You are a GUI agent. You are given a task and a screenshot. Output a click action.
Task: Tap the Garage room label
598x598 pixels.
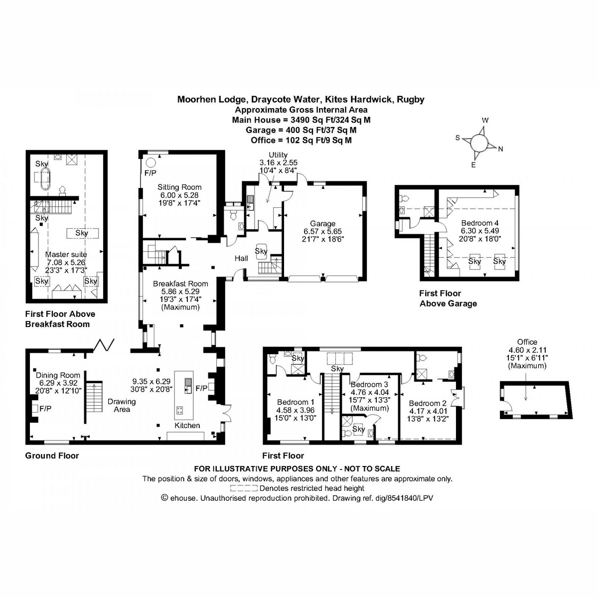pos(322,224)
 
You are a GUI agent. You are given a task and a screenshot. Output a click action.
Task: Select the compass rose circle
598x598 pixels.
pos(478,143)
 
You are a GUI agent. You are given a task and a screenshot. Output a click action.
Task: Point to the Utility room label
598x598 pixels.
pos(278,155)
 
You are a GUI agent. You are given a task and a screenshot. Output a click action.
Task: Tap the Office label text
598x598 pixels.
pos(527,342)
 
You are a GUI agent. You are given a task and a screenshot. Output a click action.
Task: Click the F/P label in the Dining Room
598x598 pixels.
pos(45,408)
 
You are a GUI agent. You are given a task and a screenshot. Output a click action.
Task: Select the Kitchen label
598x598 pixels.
pos(187,425)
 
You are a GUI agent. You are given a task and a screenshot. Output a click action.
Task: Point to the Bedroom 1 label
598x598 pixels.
pos(296,402)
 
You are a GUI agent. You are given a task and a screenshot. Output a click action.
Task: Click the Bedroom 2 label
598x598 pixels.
pos(427,403)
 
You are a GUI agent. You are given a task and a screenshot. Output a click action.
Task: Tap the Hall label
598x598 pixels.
pos(242,259)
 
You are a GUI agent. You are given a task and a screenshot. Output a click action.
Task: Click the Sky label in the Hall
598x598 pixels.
pos(261,251)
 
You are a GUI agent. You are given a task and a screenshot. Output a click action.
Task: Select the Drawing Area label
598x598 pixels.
pos(122,405)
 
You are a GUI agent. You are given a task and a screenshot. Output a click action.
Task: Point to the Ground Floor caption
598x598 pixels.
pos(52,455)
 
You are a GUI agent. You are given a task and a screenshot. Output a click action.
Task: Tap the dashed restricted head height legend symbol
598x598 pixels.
pos(244,488)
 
